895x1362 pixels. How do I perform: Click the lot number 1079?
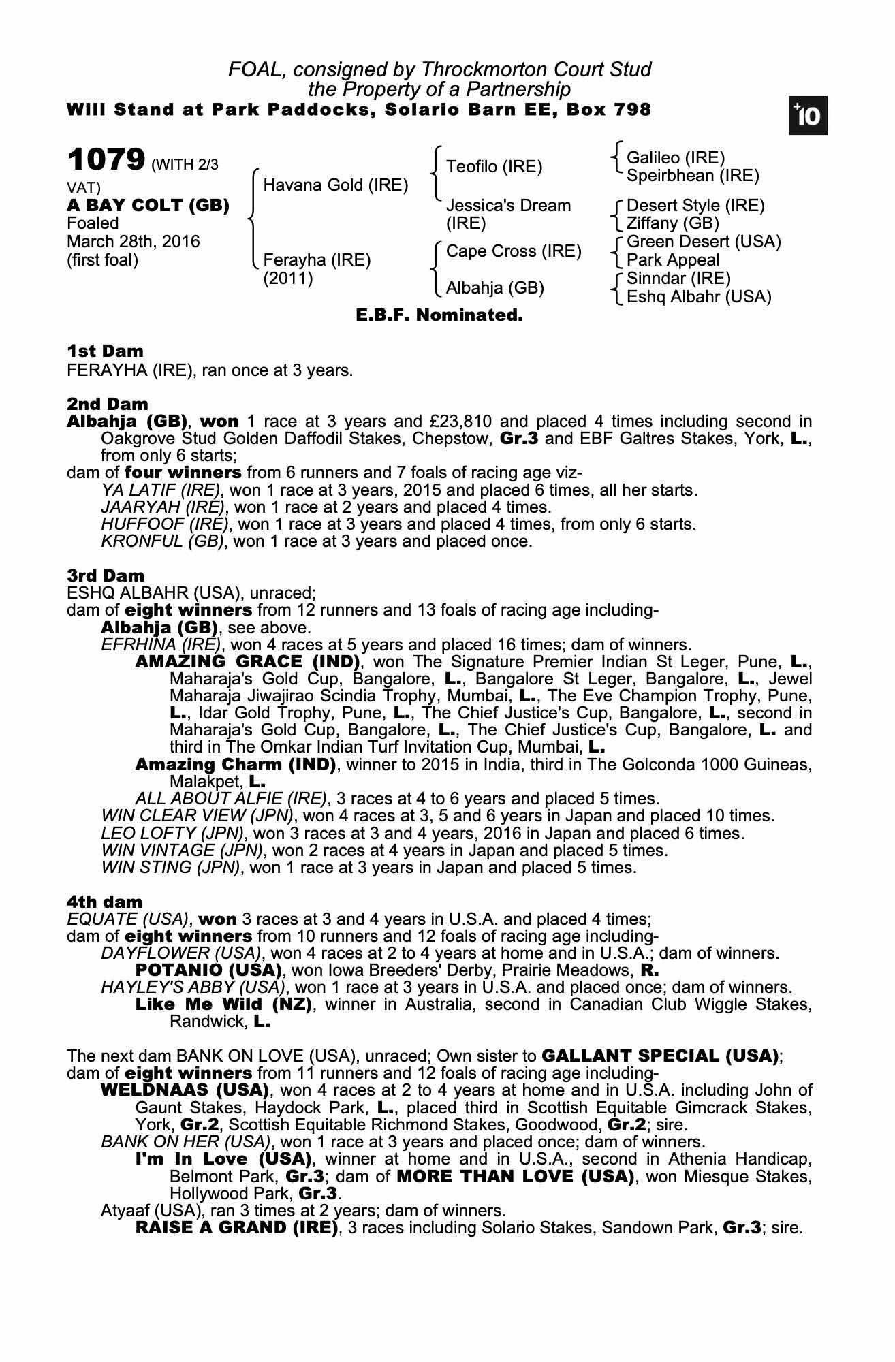pyautogui.click(x=106, y=161)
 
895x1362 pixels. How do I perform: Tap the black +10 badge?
pyautogui.click(x=808, y=116)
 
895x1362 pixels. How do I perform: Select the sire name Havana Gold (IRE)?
pyautogui.click(x=336, y=185)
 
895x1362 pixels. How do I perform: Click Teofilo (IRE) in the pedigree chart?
pyautogui.click(x=494, y=167)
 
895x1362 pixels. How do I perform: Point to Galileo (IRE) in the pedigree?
pyautogui.click(x=676, y=158)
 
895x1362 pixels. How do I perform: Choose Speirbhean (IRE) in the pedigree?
pyautogui.click(x=692, y=176)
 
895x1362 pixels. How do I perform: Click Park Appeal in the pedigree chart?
pyautogui.click(x=672, y=260)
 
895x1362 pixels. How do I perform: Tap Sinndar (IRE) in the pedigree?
pyautogui.click(x=678, y=279)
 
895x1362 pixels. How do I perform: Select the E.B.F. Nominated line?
pyautogui.click(x=439, y=315)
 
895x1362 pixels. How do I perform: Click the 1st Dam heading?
pyautogui.click(x=105, y=351)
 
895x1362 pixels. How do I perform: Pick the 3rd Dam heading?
pyautogui.click(x=106, y=576)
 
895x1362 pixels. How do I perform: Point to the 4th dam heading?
pyautogui.click(x=105, y=903)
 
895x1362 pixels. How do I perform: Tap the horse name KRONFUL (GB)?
pyautogui.click(x=162, y=541)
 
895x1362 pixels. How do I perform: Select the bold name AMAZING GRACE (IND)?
pyautogui.click(x=247, y=662)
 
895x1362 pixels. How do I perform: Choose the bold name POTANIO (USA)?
pyautogui.click(x=208, y=970)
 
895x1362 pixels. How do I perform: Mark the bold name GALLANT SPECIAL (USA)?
pyautogui.click(x=660, y=1056)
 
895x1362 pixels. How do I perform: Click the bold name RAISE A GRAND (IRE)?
pyautogui.click(x=236, y=1228)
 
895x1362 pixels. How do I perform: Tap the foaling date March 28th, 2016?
pyautogui.click(x=134, y=242)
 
